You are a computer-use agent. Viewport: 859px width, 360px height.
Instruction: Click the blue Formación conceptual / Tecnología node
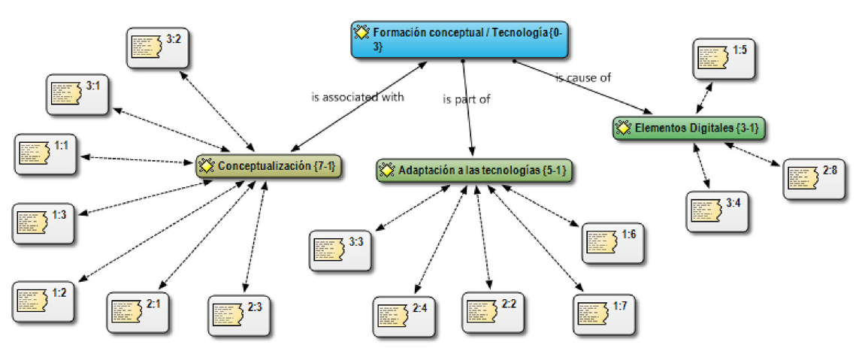(458, 39)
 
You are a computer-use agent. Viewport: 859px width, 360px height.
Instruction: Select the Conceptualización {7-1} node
(269, 166)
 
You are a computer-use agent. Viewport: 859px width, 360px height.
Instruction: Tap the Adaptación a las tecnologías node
(474, 171)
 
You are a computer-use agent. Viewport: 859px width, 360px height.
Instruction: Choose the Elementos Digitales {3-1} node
(689, 129)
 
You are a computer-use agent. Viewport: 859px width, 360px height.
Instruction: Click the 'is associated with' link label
(358, 97)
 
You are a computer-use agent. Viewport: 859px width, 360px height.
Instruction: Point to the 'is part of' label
(466, 98)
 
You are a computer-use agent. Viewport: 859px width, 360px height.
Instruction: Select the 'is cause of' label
(582, 77)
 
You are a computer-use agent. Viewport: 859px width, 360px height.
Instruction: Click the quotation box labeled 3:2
(156, 48)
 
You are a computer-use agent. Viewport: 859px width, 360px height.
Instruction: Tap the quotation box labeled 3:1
(77, 94)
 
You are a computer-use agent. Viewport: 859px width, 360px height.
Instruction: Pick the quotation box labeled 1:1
(45, 153)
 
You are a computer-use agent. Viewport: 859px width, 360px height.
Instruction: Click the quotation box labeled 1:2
(44, 301)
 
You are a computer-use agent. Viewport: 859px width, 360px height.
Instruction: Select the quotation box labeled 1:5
(724, 59)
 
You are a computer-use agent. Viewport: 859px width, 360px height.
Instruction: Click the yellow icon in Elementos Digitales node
(623, 129)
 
